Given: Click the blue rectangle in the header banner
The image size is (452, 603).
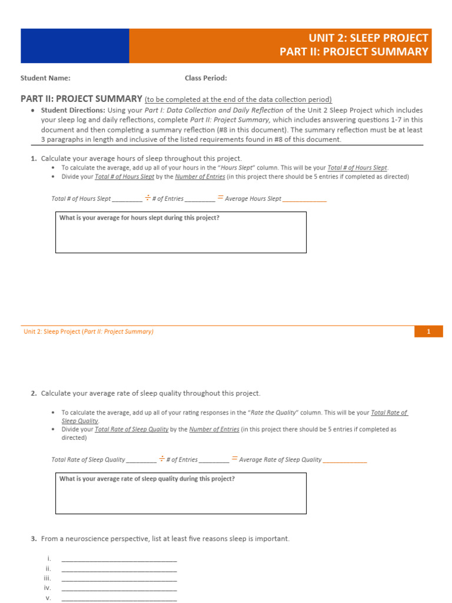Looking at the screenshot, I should [75, 46].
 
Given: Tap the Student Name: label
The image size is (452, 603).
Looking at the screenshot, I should [45, 78].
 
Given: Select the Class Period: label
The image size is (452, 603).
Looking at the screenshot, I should [205, 78].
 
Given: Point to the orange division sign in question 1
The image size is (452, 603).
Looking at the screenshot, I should [148, 198].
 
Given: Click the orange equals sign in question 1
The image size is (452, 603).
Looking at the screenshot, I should [220, 198].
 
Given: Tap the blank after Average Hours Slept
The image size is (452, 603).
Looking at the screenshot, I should [304, 199].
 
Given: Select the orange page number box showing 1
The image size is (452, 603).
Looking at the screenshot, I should [428, 332].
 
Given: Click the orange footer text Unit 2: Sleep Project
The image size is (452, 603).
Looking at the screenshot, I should [52, 332].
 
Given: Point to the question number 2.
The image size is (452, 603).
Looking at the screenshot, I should [34, 393].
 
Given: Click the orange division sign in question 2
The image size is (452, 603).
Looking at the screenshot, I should [162, 459].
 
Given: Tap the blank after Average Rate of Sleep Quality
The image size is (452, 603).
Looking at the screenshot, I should [345, 460].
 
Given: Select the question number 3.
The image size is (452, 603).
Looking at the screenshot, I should [34, 539].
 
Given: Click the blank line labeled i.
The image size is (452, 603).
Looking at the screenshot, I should [119, 559].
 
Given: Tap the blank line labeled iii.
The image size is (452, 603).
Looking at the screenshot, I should [119, 579].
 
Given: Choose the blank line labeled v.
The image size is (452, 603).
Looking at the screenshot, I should [119, 598].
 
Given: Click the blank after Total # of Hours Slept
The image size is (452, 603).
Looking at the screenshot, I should [127, 199].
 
